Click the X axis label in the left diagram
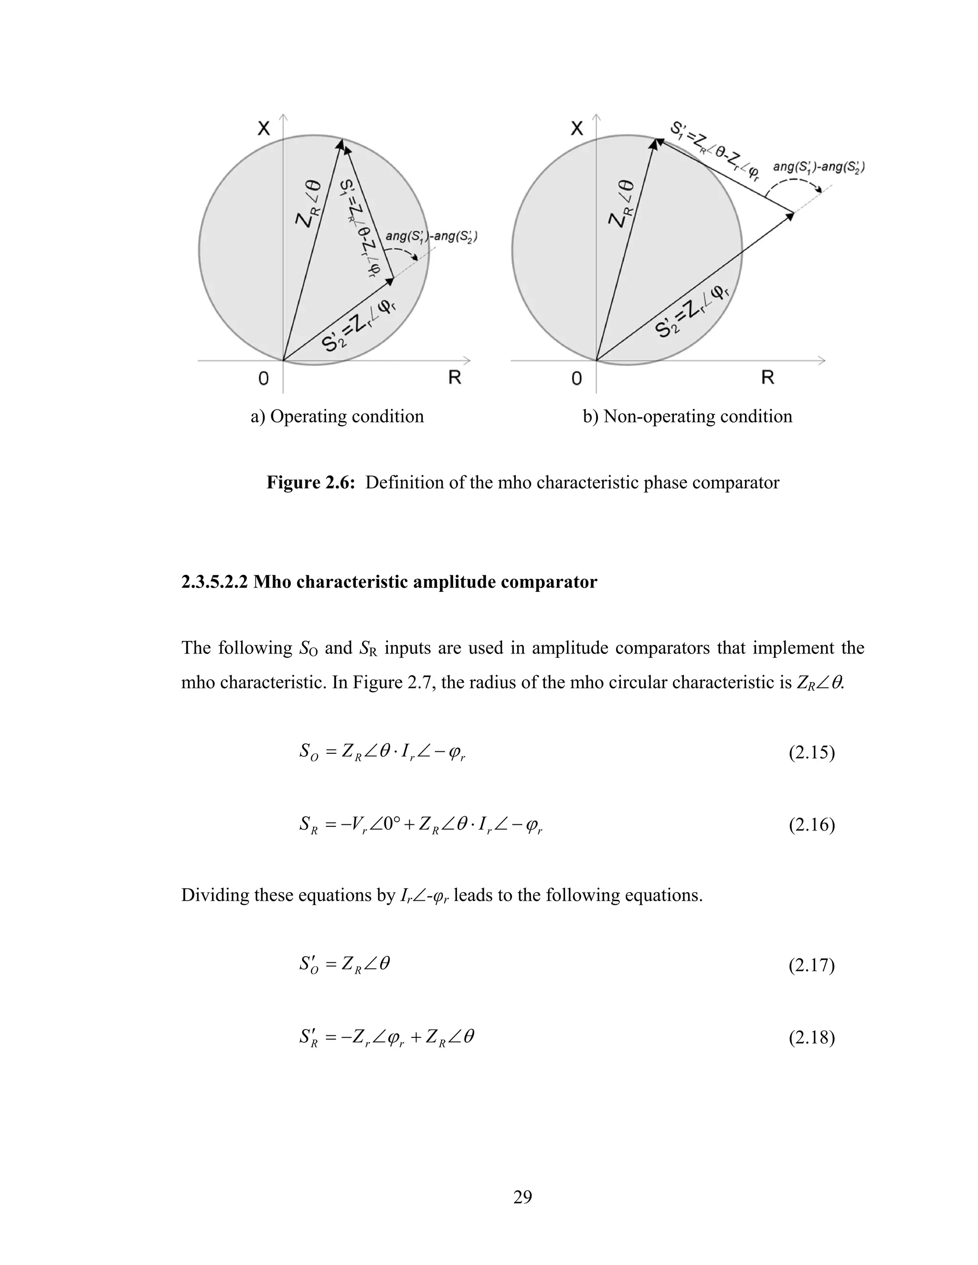[264, 128]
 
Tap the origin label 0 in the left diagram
[264, 379]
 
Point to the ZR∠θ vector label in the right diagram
[620, 204]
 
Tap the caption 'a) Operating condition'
[337, 416]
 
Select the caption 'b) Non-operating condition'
[687, 416]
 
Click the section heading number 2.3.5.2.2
[214, 582]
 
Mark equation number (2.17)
[811, 966]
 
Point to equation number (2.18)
[811, 1037]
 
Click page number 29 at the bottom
[522, 1197]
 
